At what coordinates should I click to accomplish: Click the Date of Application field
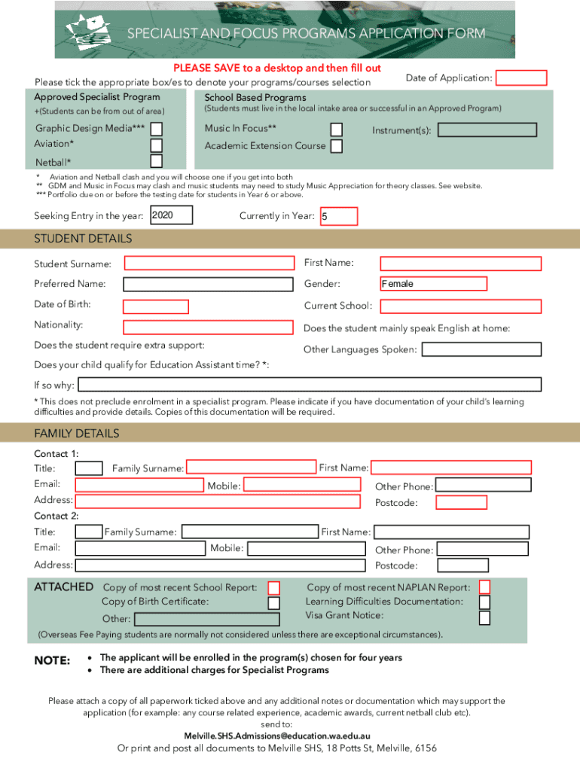pos(521,78)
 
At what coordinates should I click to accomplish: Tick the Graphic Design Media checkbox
pos(156,129)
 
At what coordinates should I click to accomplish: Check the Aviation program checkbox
pos(156,145)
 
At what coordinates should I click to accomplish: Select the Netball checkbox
pos(156,161)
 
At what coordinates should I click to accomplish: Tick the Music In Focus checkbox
pos(337,130)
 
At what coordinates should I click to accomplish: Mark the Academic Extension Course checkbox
pos(337,146)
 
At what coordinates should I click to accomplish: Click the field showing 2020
pos(172,216)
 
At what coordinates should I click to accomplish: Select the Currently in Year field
pos(338,217)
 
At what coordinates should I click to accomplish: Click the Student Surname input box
pos(209,264)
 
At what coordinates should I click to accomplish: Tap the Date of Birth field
pos(156,306)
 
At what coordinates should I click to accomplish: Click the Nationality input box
pos(209,328)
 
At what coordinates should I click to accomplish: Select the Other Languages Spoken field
pos(481,349)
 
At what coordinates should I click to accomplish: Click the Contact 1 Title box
pos(90,468)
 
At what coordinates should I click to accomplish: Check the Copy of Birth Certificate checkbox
pos(274,602)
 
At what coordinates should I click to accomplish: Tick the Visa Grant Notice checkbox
pos(484,618)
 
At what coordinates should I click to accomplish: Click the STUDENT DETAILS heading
pos(83,239)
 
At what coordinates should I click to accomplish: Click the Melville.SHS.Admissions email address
pos(276,736)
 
